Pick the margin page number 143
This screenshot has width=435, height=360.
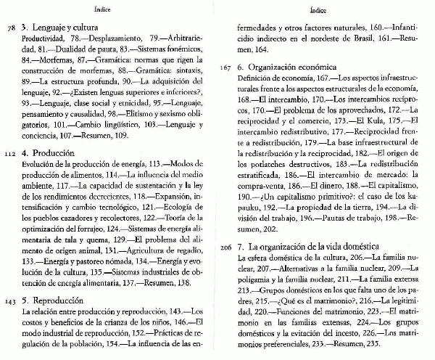pos(9,300)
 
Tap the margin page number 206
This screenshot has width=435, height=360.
pos(227,247)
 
